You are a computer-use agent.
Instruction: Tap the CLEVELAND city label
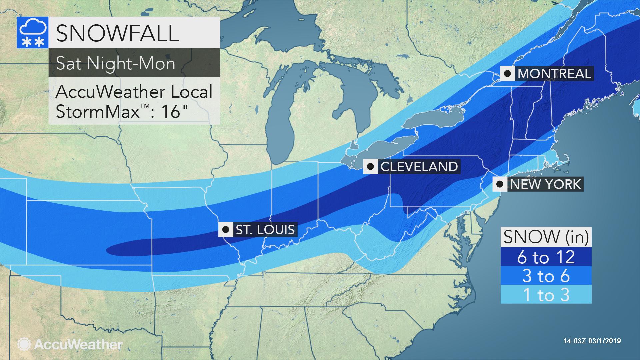tap(419, 166)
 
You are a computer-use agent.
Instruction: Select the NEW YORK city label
tap(545, 184)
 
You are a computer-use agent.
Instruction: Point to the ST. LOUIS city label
tap(265, 230)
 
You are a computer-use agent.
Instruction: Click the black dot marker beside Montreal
tap(507, 74)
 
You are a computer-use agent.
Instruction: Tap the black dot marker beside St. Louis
tap(225, 230)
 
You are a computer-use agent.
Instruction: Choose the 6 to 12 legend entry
tap(546, 257)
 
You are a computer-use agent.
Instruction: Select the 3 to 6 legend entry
tap(546, 276)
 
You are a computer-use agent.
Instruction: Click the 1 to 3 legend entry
tap(546, 295)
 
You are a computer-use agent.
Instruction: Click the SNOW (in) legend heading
tap(546, 237)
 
